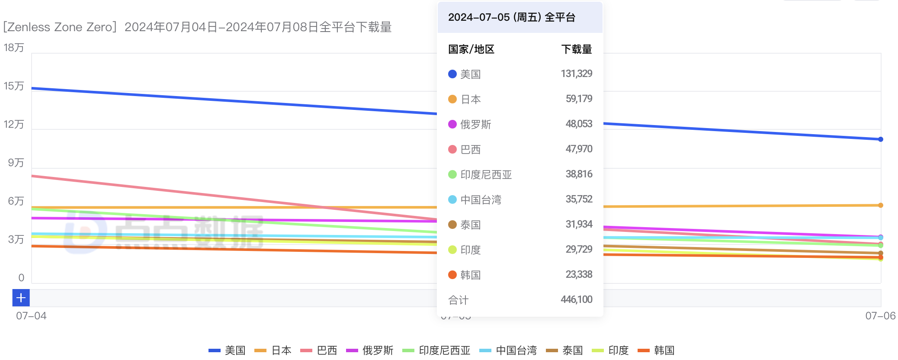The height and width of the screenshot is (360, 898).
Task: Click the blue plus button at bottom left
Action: [21, 298]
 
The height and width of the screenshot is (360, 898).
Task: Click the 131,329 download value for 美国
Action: [576, 74]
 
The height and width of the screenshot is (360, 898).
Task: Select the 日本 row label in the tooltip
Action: [471, 100]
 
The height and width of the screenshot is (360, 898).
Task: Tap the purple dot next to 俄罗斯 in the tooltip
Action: [452, 125]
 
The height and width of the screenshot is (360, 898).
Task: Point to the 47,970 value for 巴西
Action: [579, 149]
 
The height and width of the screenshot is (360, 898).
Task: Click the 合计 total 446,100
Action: [576, 299]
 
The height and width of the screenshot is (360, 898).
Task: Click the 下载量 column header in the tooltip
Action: [576, 49]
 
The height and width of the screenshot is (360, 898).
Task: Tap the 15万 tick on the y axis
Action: [14, 86]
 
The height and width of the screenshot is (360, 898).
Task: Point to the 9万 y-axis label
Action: [16, 163]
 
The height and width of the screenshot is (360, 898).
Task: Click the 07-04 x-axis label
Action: [31, 316]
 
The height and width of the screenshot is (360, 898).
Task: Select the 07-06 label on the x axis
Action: [880, 316]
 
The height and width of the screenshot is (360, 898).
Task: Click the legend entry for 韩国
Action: [664, 350]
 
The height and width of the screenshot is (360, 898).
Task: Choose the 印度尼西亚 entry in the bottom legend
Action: [444, 350]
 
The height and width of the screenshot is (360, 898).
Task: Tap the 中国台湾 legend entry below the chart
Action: [516, 350]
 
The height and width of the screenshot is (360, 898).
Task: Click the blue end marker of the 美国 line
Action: [880, 139]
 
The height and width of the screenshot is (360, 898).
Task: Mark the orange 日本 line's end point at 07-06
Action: [880, 205]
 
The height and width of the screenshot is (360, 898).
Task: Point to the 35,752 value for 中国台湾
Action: [579, 199]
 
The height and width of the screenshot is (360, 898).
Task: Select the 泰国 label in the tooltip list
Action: [471, 225]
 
